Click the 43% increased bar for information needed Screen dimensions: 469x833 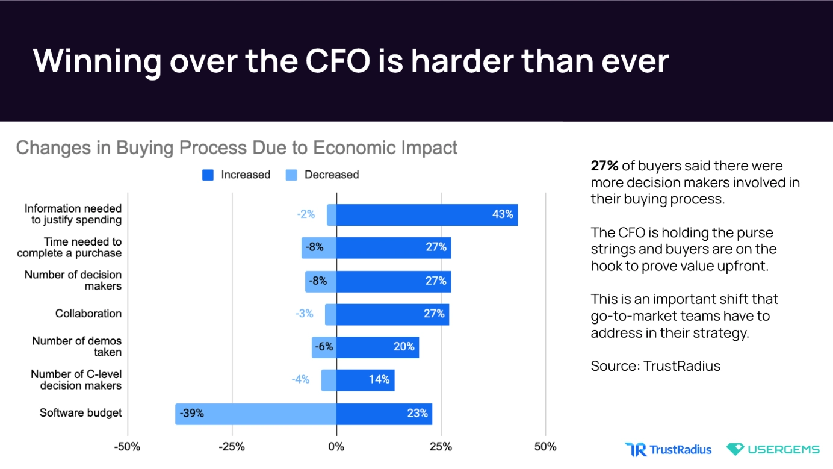pyautogui.click(x=427, y=215)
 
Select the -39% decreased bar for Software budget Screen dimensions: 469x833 pyautogui.click(x=256, y=414)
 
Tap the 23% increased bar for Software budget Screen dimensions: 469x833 pyautogui.click(x=384, y=414)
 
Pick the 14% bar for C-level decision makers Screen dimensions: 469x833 pyautogui.click(x=365, y=380)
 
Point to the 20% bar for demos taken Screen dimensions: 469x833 pyautogui.click(x=377, y=347)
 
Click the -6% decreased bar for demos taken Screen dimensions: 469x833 pyautogui.click(x=324, y=347)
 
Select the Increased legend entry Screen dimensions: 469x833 pyautogui.click(x=237, y=175)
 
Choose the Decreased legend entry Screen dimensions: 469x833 pyautogui.click(x=322, y=175)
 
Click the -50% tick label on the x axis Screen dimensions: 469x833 pyautogui.click(x=127, y=447)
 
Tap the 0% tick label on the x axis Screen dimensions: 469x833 pyautogui.click(x=336, y=447)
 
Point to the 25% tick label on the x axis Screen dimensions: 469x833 pyautogui.click(x=441, y=447)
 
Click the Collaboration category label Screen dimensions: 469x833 pyautogui.click(x=88, y=314)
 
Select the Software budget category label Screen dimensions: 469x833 pyautogui.click(x=81, y=413)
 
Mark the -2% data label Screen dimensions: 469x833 pyautogui.click(x=306, y=214)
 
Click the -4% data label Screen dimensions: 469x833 pyautogui.click(x=300, y=379)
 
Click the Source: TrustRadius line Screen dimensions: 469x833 pyautogui.click(x=655, y=366)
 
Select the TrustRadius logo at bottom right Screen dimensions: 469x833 pyautogui.click(x=668, y=449)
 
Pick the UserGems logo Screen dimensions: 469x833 pyautogui.click(x=773, y=449)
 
